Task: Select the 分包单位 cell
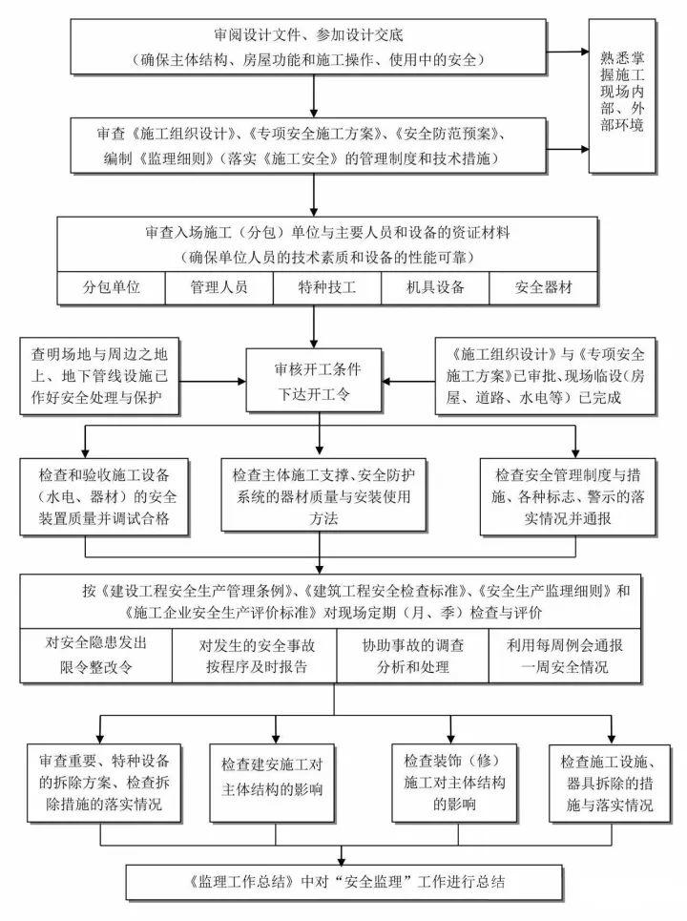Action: point(111,287)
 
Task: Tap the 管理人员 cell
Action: point(219,287)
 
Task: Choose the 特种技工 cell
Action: point(326,287)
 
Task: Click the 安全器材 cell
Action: point(544,287)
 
